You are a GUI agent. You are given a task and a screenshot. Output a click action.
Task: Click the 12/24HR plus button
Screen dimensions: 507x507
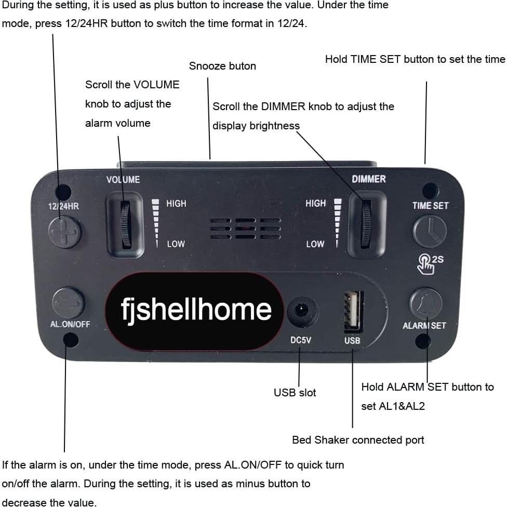(x=64, y=231)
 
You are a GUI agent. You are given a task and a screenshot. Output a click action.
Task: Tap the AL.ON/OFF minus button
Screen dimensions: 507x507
(x=68, y=303)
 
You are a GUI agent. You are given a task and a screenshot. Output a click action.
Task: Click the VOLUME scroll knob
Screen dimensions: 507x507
(x=126, y=224)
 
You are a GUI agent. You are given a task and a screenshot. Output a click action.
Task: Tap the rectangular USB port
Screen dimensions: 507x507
(x=353, y=311)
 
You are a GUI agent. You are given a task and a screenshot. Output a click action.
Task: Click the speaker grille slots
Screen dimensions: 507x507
(x=245, y=229)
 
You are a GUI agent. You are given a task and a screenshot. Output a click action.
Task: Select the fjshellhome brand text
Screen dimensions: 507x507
(x=196, y=310)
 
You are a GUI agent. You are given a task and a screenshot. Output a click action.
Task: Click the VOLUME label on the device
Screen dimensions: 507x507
(x=123, y=180)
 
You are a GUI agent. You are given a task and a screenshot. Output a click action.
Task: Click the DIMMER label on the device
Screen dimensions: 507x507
(x=369, y=179)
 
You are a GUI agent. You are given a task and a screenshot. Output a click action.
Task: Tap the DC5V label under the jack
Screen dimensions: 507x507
(x=301, y=341)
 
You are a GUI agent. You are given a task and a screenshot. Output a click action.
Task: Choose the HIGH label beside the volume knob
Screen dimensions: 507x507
(x=176, y=204)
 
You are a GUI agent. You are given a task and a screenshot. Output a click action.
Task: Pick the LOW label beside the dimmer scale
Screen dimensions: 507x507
(x=315, y=244)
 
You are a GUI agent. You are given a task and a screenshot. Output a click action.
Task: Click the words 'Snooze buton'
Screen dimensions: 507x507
(x=222, y=66)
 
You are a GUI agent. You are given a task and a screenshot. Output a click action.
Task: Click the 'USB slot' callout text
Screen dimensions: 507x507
(x=295, y=393)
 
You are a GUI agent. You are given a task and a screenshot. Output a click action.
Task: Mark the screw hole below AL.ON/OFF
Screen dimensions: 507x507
(x=70, y=340)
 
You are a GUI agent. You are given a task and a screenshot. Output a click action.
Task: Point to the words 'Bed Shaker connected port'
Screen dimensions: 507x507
(x=358, y=440)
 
